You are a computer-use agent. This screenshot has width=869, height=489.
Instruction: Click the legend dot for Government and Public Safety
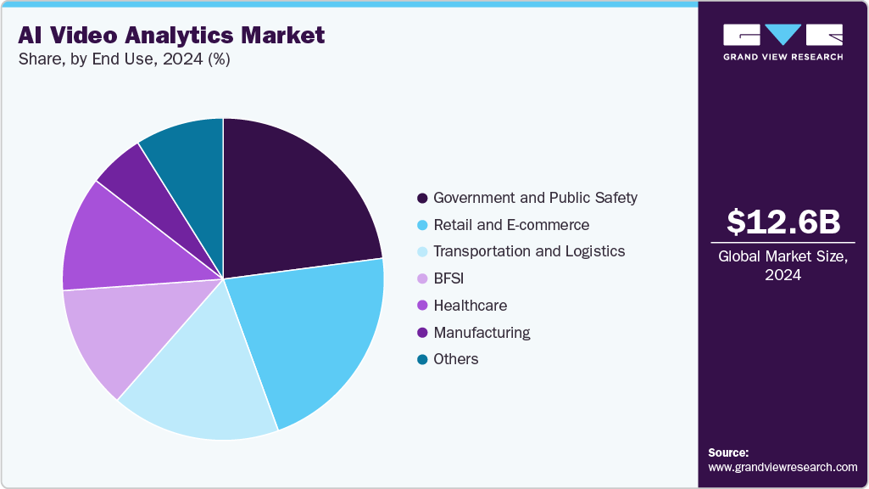421,198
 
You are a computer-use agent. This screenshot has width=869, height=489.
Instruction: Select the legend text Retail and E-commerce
510,225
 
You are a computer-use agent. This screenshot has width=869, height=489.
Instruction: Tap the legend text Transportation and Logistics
528,251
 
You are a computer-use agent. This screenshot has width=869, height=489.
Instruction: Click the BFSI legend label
450,278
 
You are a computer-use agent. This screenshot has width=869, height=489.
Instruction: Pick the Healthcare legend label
470,306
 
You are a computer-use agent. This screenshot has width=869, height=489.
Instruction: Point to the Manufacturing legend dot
421,333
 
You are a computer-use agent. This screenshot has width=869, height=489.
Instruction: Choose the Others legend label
455,359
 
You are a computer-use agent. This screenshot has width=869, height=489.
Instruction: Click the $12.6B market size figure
783,222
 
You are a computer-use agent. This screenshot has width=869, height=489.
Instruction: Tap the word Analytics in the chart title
185,36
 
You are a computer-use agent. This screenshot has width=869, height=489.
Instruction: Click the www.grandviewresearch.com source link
783,467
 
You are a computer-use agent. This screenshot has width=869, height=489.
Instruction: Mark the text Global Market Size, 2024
783,266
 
